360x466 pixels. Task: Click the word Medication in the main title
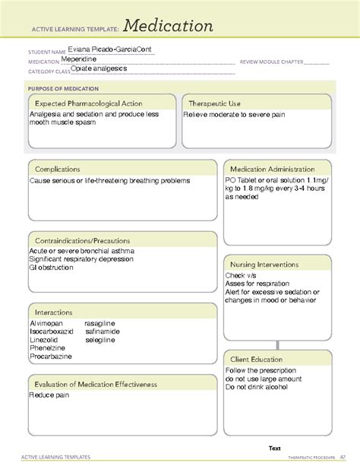pyautogui.click(x=169, y=26)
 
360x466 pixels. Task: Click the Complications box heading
pyautogui.click(x=58, y=169)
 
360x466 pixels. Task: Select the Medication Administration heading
pyautogui.click(x=273, y=169)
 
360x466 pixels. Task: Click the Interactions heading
pyautogui.click(x=53, y=312)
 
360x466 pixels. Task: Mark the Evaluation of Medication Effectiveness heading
pyautogui.click(x=95, y=385)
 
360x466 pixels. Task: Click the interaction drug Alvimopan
pyautogui.click(x=46, y=323)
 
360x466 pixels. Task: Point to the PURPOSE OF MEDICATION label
pyautogui.click(x=63, y=88)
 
